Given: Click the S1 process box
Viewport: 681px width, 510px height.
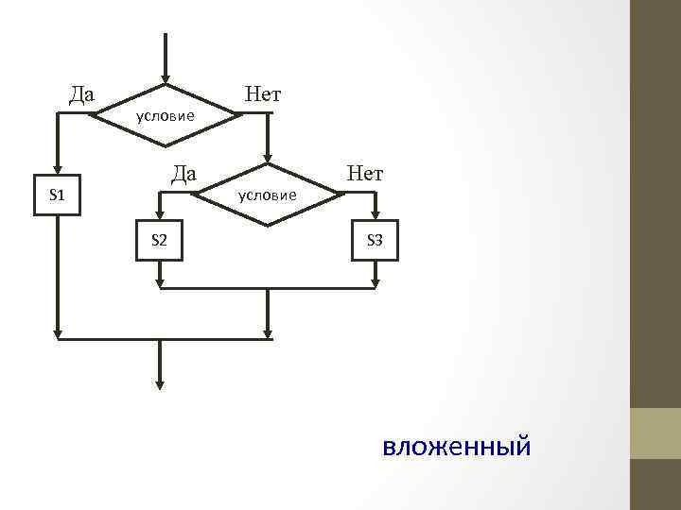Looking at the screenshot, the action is click(57, 195).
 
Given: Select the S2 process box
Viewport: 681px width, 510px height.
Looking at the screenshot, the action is click(160, 241).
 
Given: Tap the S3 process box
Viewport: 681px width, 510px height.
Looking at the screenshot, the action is click(375, 241).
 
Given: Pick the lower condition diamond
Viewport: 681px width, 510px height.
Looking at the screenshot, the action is click(268, 195).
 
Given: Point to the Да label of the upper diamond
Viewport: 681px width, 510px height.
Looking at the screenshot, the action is click(82, 93).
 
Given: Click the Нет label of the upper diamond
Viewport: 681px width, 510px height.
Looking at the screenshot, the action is click(262, 93).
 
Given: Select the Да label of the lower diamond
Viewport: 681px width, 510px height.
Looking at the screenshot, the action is click(183, 173).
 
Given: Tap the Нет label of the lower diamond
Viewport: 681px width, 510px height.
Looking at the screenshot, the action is click(365, 173).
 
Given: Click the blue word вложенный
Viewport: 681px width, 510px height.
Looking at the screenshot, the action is click(457, 445).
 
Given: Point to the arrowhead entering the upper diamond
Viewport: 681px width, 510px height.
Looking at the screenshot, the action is click(166, 78).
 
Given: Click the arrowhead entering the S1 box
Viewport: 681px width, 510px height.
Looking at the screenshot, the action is click(57, 170).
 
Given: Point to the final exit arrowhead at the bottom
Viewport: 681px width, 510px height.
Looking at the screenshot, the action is click(160, 384).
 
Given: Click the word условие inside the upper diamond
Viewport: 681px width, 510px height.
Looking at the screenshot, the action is click(166, 116).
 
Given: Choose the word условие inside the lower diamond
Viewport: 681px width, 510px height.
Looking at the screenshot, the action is click(268, 195).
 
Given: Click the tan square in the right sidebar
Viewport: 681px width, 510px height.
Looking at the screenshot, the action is click(655, 433).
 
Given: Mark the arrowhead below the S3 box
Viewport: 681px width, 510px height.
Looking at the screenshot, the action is click(375, 282).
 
